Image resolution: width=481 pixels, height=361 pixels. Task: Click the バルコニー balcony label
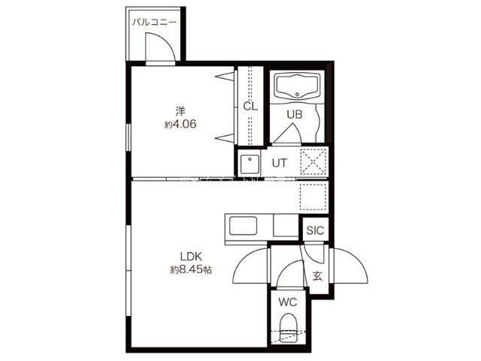click(154, 23)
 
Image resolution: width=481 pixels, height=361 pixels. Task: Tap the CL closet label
click(250, 107)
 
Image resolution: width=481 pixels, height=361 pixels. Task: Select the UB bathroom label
click(295, 114)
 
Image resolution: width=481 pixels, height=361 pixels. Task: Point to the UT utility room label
click(280, 163)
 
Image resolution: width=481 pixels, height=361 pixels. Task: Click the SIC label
click(315, 230)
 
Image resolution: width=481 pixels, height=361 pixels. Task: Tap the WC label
click(288, 302)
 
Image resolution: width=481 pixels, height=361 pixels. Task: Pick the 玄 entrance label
click(317, 276)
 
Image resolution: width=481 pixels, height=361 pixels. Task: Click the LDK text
click(190, 256)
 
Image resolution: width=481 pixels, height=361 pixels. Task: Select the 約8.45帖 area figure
click(191, 270)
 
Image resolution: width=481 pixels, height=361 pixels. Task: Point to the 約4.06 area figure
click(180, 124)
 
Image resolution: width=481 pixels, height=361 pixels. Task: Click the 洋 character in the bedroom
click(180, 111)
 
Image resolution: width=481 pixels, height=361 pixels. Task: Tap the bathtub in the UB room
click(297, 86)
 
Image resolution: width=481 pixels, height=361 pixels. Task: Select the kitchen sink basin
click(244, 226)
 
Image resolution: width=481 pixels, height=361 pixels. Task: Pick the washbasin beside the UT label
click(250, 164)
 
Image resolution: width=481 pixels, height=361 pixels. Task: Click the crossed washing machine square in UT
click(313, 162)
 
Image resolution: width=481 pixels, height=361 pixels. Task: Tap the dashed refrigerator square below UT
click(313, 197)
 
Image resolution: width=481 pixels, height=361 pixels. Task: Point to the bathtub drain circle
click(297, 94)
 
